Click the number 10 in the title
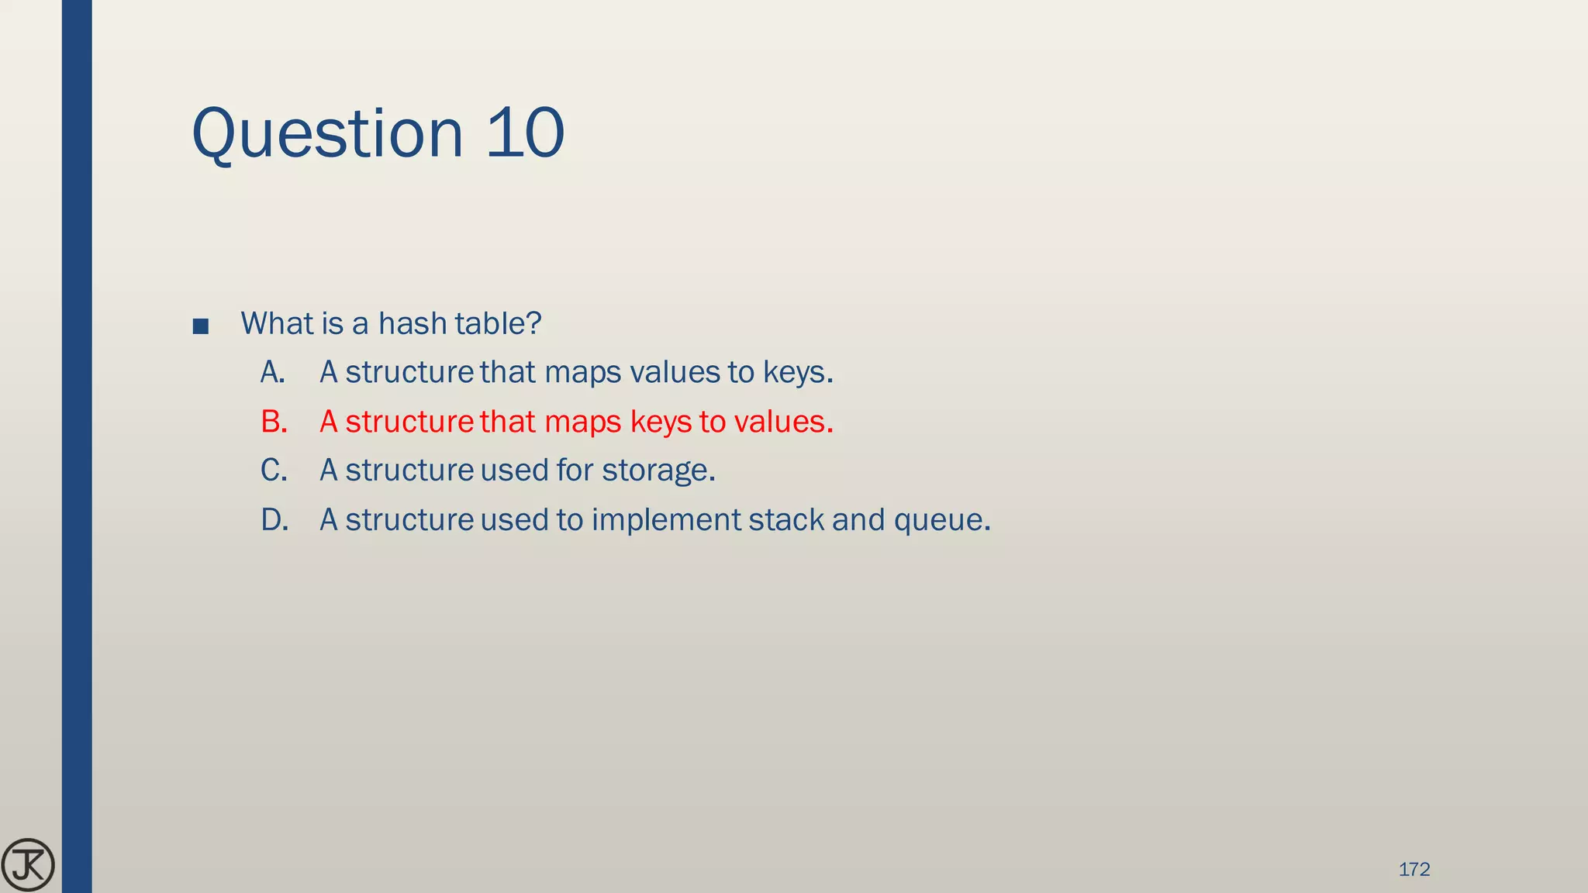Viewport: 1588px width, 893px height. [x=525, y=133]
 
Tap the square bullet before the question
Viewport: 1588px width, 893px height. [x=200, y=326]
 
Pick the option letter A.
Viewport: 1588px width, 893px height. [x=272, y=372]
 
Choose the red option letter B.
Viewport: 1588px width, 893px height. [x=274, y=422]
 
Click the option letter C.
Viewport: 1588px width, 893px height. [x=274, y=471]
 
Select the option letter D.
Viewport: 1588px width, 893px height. [x=274, y=519]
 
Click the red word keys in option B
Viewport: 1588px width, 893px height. [x=660, y=422]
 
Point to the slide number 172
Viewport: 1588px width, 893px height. [x=1414, y=870]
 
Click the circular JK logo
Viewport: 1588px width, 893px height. [x=28, y=864]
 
